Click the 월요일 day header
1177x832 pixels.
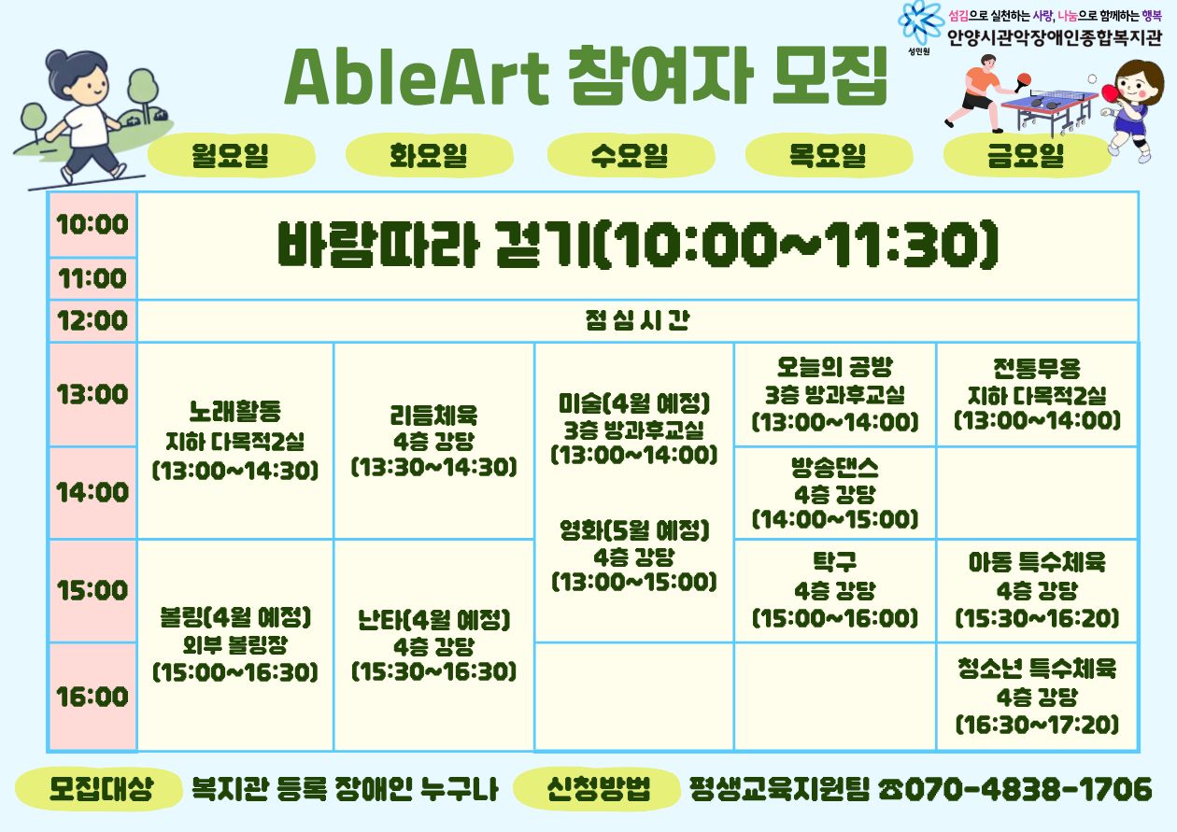(232, 155)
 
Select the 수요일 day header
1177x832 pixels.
(631, 155)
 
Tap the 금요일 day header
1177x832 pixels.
(1028, 155)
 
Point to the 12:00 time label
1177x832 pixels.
(92, 320)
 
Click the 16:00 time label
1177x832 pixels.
(92, 697)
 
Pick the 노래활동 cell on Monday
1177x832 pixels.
(235, 441)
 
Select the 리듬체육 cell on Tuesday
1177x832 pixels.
(434, 441)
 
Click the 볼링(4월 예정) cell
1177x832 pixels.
(235, 645)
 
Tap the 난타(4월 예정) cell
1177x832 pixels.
(434, 645)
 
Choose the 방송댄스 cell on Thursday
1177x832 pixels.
(835, 493)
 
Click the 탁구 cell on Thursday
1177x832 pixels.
(835, 590)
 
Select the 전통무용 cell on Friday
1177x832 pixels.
(1037, 394)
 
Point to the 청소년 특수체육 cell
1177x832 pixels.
(1037, 697)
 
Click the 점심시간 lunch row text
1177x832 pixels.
(637, 320)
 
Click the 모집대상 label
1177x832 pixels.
(102, 788)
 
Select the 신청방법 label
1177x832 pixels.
(598, 788)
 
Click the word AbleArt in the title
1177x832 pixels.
(417, 78)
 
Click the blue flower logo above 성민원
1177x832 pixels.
(918, 22)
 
